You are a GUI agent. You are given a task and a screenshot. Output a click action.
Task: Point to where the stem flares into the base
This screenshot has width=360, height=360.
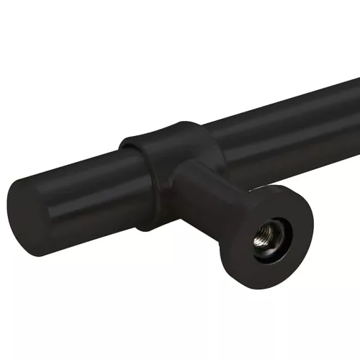(x=241, y=216)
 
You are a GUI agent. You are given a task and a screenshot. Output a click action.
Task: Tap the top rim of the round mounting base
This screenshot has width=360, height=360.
(x=277, y=189)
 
